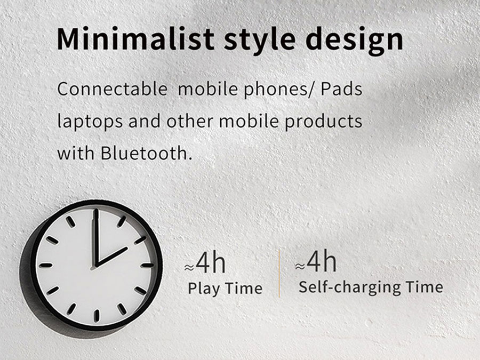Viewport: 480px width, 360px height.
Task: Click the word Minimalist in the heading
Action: tap(135, 39)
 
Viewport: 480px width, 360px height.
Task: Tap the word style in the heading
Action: tap(260, 41)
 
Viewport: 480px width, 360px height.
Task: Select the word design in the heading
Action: tap(354, 41)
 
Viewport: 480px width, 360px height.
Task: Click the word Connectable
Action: tap(112, 89)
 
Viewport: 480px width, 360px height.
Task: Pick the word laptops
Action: tap(90, 122)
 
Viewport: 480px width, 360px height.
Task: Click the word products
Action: tap(324, 122)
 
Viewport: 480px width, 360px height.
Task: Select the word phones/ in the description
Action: tap(279, 90)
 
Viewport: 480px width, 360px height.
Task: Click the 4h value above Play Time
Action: tap(211, 262)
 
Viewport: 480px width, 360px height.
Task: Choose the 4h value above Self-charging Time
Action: tap(322, 261)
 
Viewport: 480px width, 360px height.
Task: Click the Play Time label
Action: tap(225, 289)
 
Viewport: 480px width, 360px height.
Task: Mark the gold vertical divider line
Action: tap(279, 274)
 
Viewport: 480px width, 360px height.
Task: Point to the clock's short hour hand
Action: tap(111, 257)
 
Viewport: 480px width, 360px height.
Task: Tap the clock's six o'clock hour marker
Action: tap(97, 315)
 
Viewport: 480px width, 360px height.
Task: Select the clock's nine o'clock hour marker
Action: tap(46, 265)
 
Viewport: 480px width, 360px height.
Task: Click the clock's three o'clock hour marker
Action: tap(147, 265)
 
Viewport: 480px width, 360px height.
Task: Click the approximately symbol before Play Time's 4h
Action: tap(189, 268)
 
